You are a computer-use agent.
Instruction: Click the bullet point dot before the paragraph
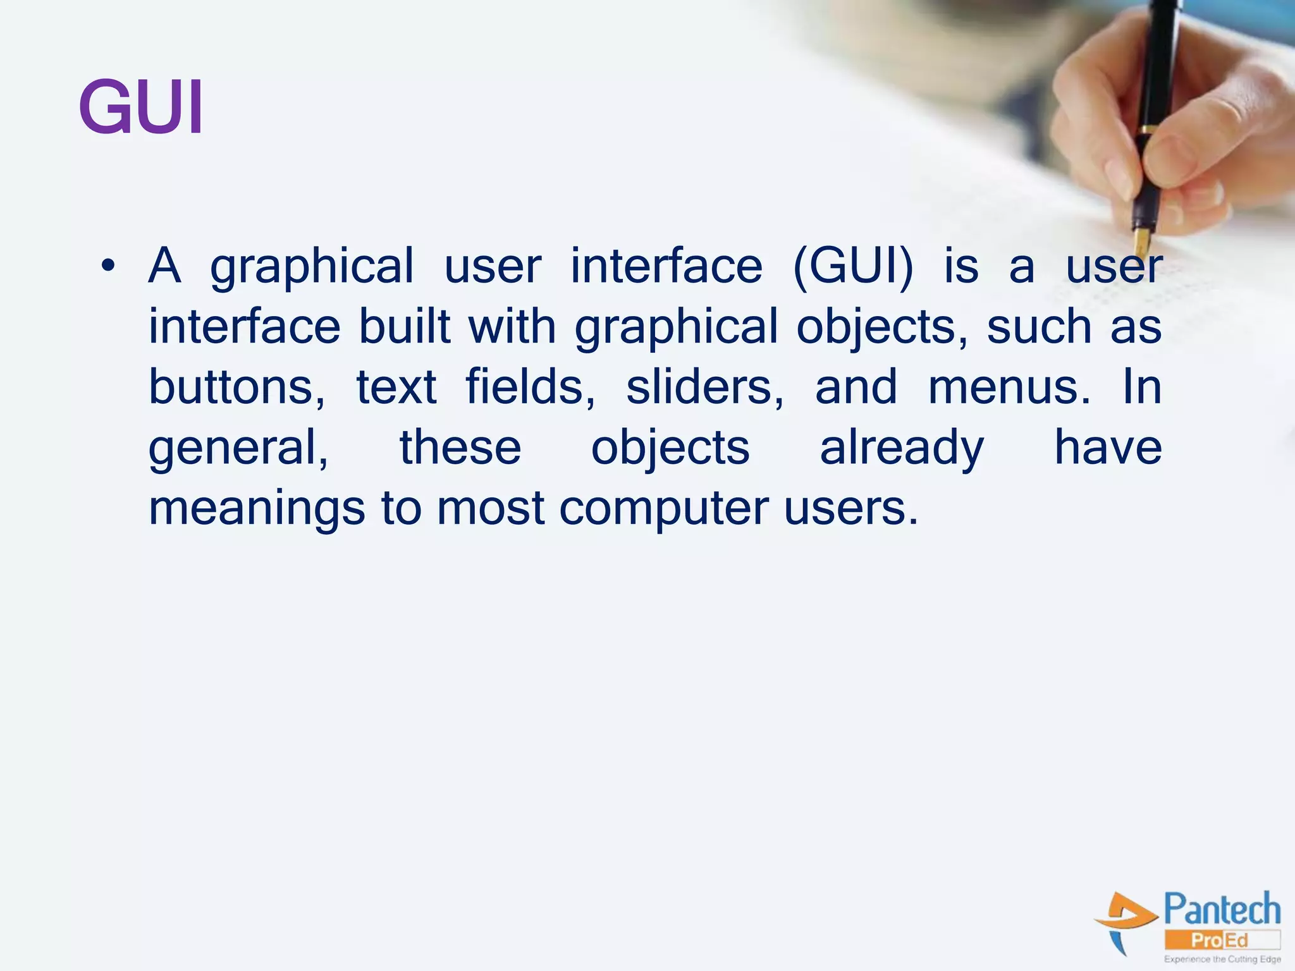(108, 266)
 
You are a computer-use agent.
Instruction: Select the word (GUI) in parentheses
(853, 267)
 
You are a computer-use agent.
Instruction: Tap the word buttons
(236, 387)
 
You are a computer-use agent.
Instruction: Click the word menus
(1009, 387)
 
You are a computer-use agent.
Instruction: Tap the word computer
(665, 509)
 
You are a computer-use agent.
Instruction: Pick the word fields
(530, 387)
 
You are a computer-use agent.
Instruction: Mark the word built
(405, 326)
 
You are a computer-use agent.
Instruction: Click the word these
(460, 448)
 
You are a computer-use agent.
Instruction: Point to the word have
(1108, 448)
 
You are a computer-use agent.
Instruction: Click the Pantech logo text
(1222, 910)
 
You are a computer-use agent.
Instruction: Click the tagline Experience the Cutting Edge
(1222, 959)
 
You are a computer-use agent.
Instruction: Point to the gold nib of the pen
(1141, 240)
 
